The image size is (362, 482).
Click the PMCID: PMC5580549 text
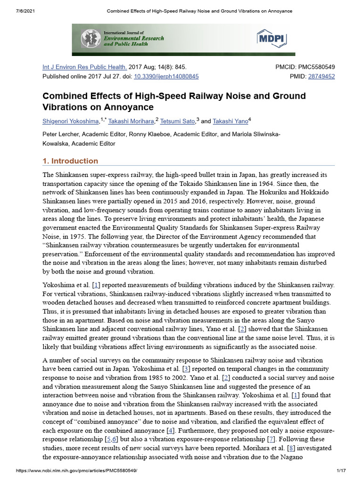click(305, 67)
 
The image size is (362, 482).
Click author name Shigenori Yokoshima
click(71, 121)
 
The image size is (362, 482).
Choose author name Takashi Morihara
click(132, 121)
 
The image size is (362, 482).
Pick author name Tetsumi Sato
click(178, 121)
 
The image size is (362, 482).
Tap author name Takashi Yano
click(230, 121)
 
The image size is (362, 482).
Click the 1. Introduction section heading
click(70, 161)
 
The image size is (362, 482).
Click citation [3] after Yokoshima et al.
click(186, 369)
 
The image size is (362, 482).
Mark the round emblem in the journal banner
click(91, 38)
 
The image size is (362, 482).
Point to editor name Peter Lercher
click(63, 135)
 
